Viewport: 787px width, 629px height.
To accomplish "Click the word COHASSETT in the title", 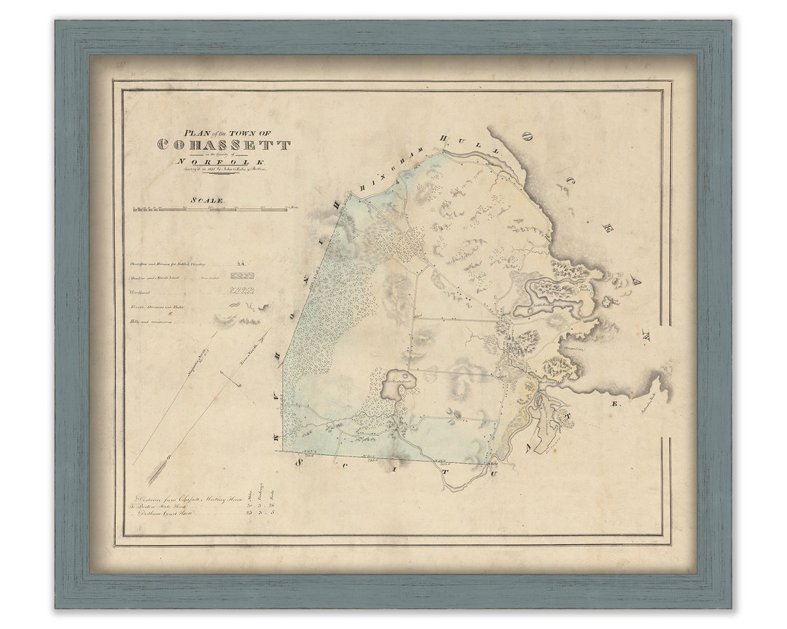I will pyautogui.click(x=224, y=145).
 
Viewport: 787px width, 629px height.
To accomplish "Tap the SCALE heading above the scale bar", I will pyautogui.click(x=208, y=199).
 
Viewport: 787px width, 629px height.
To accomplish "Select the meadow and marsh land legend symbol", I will pyautogui.click(x=242, y=276).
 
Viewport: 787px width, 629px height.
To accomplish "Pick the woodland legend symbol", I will pyautogui.click(x=242, y=290).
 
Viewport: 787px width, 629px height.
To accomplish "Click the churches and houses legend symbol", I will pyautogui.click(x=242, y=263).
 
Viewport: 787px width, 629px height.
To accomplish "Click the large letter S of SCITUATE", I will pyautogui.click(x=298, y=462).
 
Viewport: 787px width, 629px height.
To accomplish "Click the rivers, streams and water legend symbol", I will pyautogui.click(x=242, y=306).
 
